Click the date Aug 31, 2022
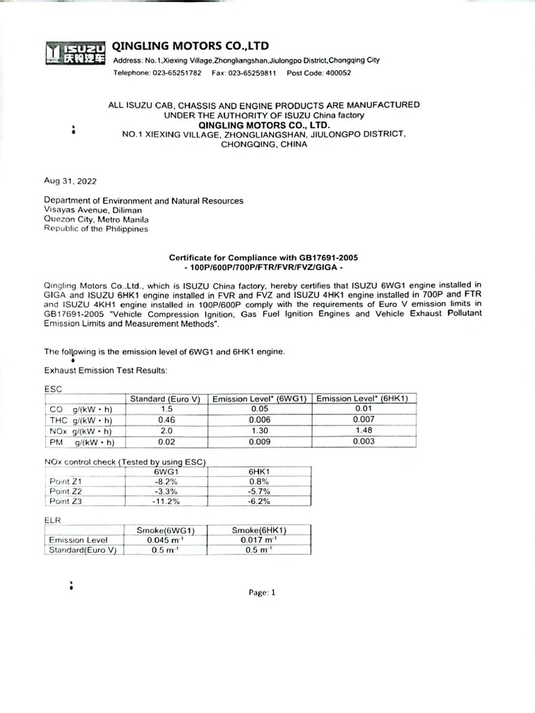pyautogui.click(x=71, y=181)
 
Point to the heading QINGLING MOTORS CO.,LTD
pyautogui.click(x=190, y=46)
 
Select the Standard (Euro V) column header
pyautogui.click(x=166, y=399)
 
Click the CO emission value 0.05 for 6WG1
pyautogui.click(x=259, y=409)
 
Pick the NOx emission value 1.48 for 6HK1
pyautogui.click(x=364, y=431)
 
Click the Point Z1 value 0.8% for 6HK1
pyautogui.click(x=259, y=481)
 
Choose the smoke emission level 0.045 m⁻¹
pyautogui.click(x=166, y=540)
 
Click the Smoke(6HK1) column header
pyautogui.click(x=259, y=531)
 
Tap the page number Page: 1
pyautogui.click(x=262, y=593)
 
